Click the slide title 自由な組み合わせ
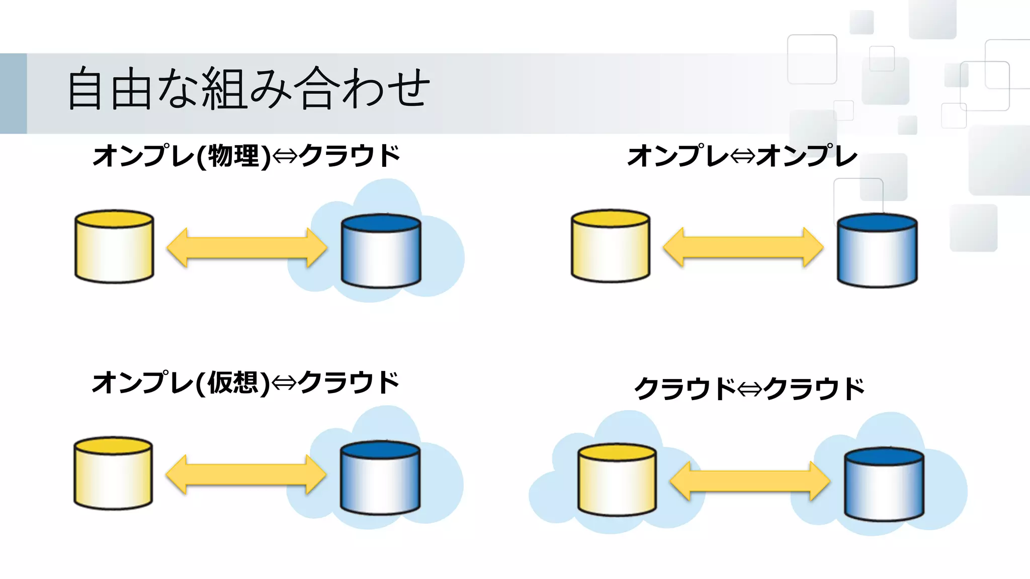(248, 88)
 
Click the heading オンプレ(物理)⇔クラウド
(246, 155)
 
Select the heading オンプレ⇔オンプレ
(742, 155)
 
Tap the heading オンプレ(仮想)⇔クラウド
(245, 382)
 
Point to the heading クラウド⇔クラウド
(749, 389)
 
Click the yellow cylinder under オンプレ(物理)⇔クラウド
(114, 246)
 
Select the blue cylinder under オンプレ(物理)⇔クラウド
(381, 251)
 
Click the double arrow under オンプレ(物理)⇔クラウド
(247, 248)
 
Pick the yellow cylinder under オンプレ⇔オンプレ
(611, 246)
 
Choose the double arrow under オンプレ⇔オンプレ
(743, 247)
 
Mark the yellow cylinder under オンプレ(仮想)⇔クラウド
(113, 473)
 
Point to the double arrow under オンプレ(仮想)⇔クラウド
(246, 474)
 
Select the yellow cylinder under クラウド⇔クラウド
(617, 479)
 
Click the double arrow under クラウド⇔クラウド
(750, 481)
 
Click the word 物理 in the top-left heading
(233, 155)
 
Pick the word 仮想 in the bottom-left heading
(233, 382)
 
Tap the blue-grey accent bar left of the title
(13, 93)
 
